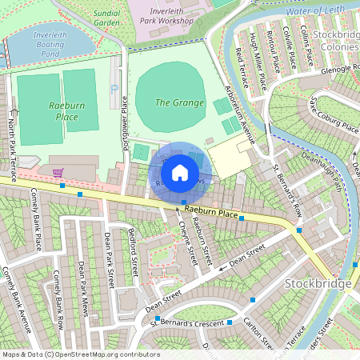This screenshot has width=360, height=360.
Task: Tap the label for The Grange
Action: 174,102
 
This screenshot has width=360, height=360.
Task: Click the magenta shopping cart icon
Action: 57,172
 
